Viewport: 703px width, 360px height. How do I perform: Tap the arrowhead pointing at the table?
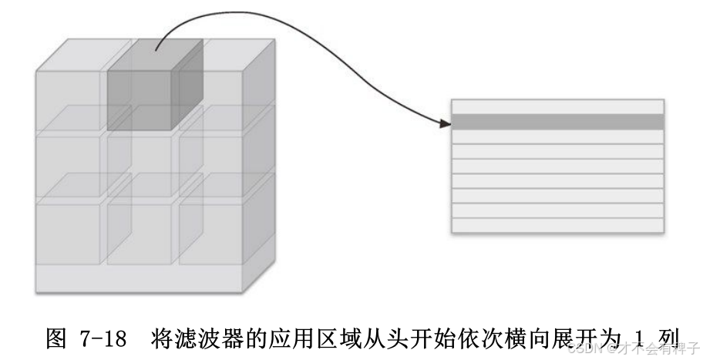[445, 123]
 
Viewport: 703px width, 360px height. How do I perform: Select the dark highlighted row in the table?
[557, 122]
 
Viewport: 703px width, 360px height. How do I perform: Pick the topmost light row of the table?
[557, 106]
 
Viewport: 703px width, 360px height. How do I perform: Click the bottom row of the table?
[557, 225]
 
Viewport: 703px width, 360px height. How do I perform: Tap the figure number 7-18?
[102, 337]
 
